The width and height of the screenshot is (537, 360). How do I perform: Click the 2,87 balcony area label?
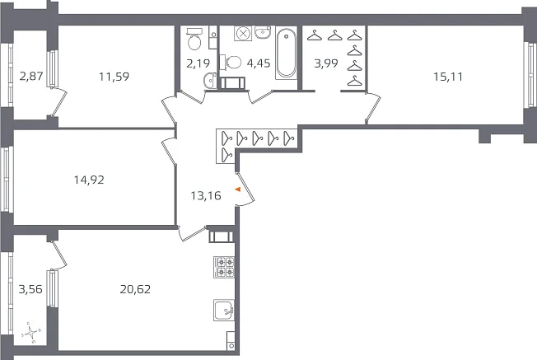click(x=31, y=76)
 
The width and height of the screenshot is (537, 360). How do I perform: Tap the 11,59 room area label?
click(x=114, y=77)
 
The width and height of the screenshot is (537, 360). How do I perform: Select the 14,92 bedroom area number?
click(x=89, y=180)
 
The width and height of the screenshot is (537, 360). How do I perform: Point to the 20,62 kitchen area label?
click(x=135, y=289)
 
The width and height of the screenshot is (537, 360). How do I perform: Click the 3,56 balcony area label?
click(x=30, y=289)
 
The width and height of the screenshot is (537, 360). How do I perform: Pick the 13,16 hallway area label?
click(x=206, y=195)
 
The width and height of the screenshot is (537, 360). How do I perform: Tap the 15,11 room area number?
click(x=448, y=77)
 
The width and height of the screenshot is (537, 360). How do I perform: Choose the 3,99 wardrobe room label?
click(x=326, y=63)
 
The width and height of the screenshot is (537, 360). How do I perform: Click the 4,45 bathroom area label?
click(x=259, y=63)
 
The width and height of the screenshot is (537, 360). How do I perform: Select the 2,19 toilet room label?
click(x=198, y=63)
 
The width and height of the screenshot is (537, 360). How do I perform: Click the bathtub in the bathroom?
click(x=287, y=54)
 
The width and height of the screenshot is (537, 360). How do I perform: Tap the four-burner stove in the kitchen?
click(x=224, y=267)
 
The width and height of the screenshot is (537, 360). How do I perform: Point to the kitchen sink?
click(x=224, y=310)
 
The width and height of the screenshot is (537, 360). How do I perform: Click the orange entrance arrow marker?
click(x=238, y=189)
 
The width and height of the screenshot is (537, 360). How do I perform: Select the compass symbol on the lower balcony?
click(x=31, y=332)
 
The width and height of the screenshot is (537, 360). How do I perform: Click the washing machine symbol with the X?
click(x=243, y=34)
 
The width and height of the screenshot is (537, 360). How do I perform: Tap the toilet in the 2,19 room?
click(x=194, y=39)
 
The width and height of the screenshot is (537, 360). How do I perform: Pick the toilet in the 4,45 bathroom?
click(x=231, y=63)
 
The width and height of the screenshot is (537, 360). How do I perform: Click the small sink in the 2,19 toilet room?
click(x=209, y=81)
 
